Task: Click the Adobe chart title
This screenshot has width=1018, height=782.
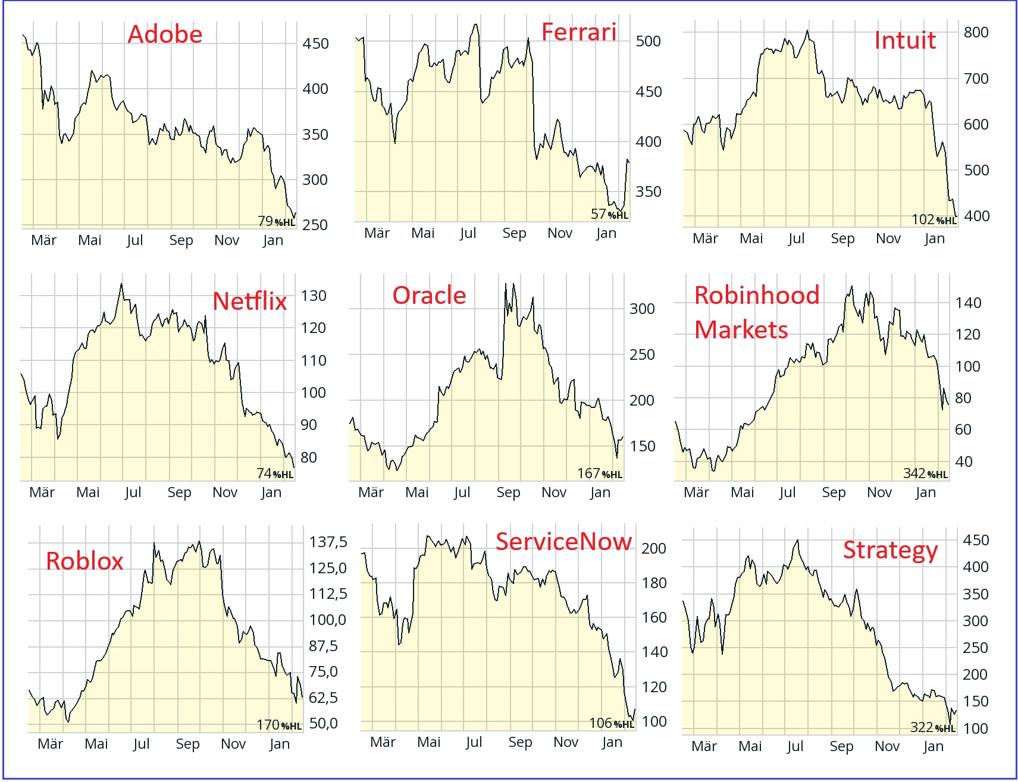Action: pos(165,34)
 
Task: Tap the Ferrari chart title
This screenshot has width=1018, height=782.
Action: pos(578,32)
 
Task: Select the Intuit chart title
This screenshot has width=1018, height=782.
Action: pos(904,40)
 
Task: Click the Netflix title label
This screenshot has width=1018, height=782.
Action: pos(249,302)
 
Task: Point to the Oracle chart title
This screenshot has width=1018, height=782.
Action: pos(429,296)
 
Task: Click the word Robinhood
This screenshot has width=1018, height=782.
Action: pos(756,296)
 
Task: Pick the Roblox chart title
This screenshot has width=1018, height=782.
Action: pos(84,561)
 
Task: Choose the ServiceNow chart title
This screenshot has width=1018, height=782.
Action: pos(563,542)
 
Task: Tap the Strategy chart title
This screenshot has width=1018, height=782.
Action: pos(890,551)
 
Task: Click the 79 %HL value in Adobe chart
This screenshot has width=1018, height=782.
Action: pos(276,221)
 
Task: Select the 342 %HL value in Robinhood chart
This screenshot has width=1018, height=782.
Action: pos(925,473)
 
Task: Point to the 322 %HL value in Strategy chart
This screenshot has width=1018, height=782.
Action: pos(932,727)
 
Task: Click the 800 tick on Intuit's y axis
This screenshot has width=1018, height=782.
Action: pos(976,32)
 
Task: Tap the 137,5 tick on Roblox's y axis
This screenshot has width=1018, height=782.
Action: pos(328,542)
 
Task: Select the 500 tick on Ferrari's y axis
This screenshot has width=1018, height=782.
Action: pos(648,41)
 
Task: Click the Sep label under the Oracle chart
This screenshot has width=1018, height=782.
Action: pos(508,492)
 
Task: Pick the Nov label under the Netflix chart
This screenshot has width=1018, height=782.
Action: pos(225,492)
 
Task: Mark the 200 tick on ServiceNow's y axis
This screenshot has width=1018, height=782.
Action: pos(653,548)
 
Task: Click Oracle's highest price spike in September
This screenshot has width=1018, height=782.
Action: pos(506,284)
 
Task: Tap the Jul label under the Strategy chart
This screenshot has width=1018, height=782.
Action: pos(795,746)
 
